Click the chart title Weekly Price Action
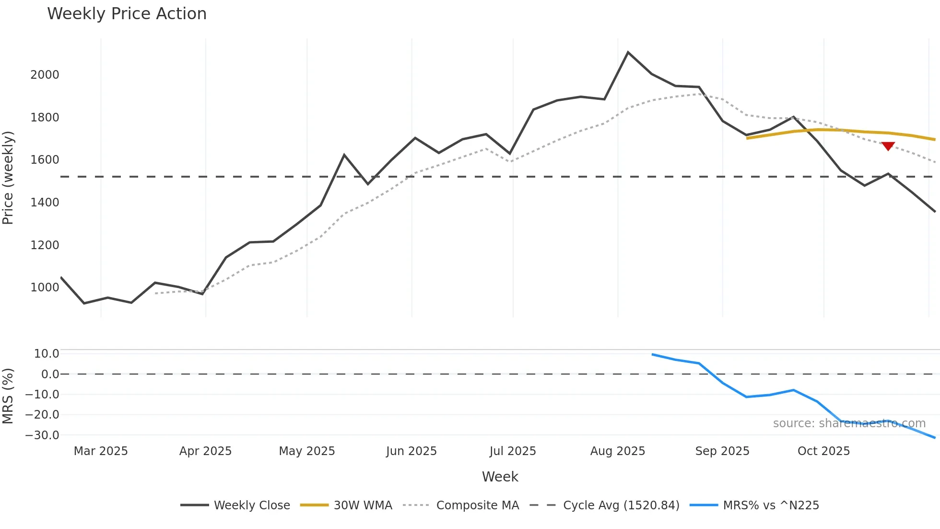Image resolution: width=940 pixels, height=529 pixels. pyautogui.click(x=127, y=14)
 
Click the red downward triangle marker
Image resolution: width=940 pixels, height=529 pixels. pyautogui.click(x=888, y=146)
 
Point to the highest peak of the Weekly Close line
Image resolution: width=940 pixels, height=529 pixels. pyautogui.click(x=628, y=52)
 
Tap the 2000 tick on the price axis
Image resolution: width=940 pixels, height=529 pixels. pyautogui.click(x=45, y=75)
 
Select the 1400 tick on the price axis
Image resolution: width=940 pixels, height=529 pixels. pyautogui.click(x=45, y=203)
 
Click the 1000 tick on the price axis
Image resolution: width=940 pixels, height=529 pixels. pyautogui.click(x=45, y=288)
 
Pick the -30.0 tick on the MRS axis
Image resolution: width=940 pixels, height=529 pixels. pyautogui.click(x=42, y=435)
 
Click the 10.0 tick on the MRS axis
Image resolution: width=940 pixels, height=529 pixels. pyautogui.click(x=47, y=354)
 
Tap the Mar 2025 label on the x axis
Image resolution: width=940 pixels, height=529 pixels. pyautogui.click(x=101, y=451)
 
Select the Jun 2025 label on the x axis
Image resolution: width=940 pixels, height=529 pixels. pyautogui.click(x=411, y=451)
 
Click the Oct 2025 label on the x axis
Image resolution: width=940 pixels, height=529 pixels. pyautogui.click(x=823, y=451)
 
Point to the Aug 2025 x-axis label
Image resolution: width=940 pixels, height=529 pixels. pyautogui.click(x=617, y=451)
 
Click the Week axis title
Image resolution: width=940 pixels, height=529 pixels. pyautogui.click(x=500, y=477)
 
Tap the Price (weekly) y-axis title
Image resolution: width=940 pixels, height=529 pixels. pyautogui.click(x=8, y=178)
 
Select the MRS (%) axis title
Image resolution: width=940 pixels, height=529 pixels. pyautogui.click(x=8, y=396)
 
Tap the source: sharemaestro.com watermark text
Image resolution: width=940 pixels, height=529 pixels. pyautogui.click(x=849, y=423)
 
